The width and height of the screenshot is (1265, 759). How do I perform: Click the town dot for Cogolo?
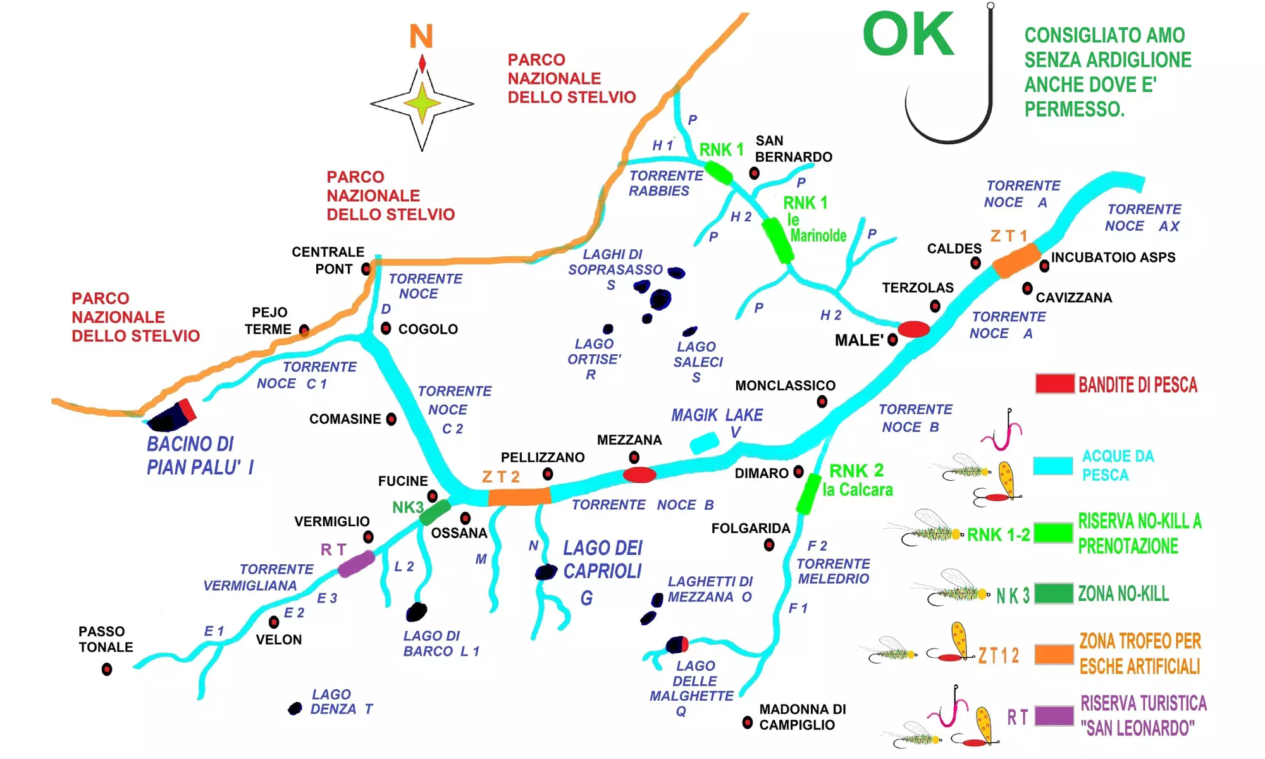click(386, 328)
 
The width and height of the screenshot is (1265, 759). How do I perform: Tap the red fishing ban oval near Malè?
click(914, 329)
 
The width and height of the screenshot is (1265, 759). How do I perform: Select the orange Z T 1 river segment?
click(1016, 261)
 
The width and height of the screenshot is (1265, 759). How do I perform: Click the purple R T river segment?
click(356, 564)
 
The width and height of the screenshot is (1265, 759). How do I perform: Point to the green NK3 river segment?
click(435, 512)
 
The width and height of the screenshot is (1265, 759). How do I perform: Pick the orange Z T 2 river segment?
click(519, 497)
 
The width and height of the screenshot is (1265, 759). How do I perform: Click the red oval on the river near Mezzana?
click(639, 475)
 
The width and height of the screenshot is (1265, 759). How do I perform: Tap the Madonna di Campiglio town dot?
click(748, 722)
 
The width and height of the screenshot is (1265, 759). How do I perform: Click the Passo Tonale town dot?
click(107, 669)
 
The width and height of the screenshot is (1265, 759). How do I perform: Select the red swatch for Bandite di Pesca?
click(1055, 384)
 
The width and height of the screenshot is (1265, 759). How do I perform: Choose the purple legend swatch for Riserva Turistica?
click(1054, 715)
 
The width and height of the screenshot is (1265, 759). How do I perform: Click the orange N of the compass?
click(421, 36)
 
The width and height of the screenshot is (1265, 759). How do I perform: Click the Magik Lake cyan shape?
click(705, 443)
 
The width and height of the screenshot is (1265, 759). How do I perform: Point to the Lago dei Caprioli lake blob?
click(545, 572)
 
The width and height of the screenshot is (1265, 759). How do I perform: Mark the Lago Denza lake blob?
click(295, 708)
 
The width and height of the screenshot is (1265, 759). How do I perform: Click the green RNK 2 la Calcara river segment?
click(808, 494)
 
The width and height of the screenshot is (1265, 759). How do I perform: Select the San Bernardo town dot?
click(754, 173)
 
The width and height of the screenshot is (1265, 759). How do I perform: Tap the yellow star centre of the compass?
click(422, 103)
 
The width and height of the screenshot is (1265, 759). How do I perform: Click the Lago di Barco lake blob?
click(416, 612)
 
